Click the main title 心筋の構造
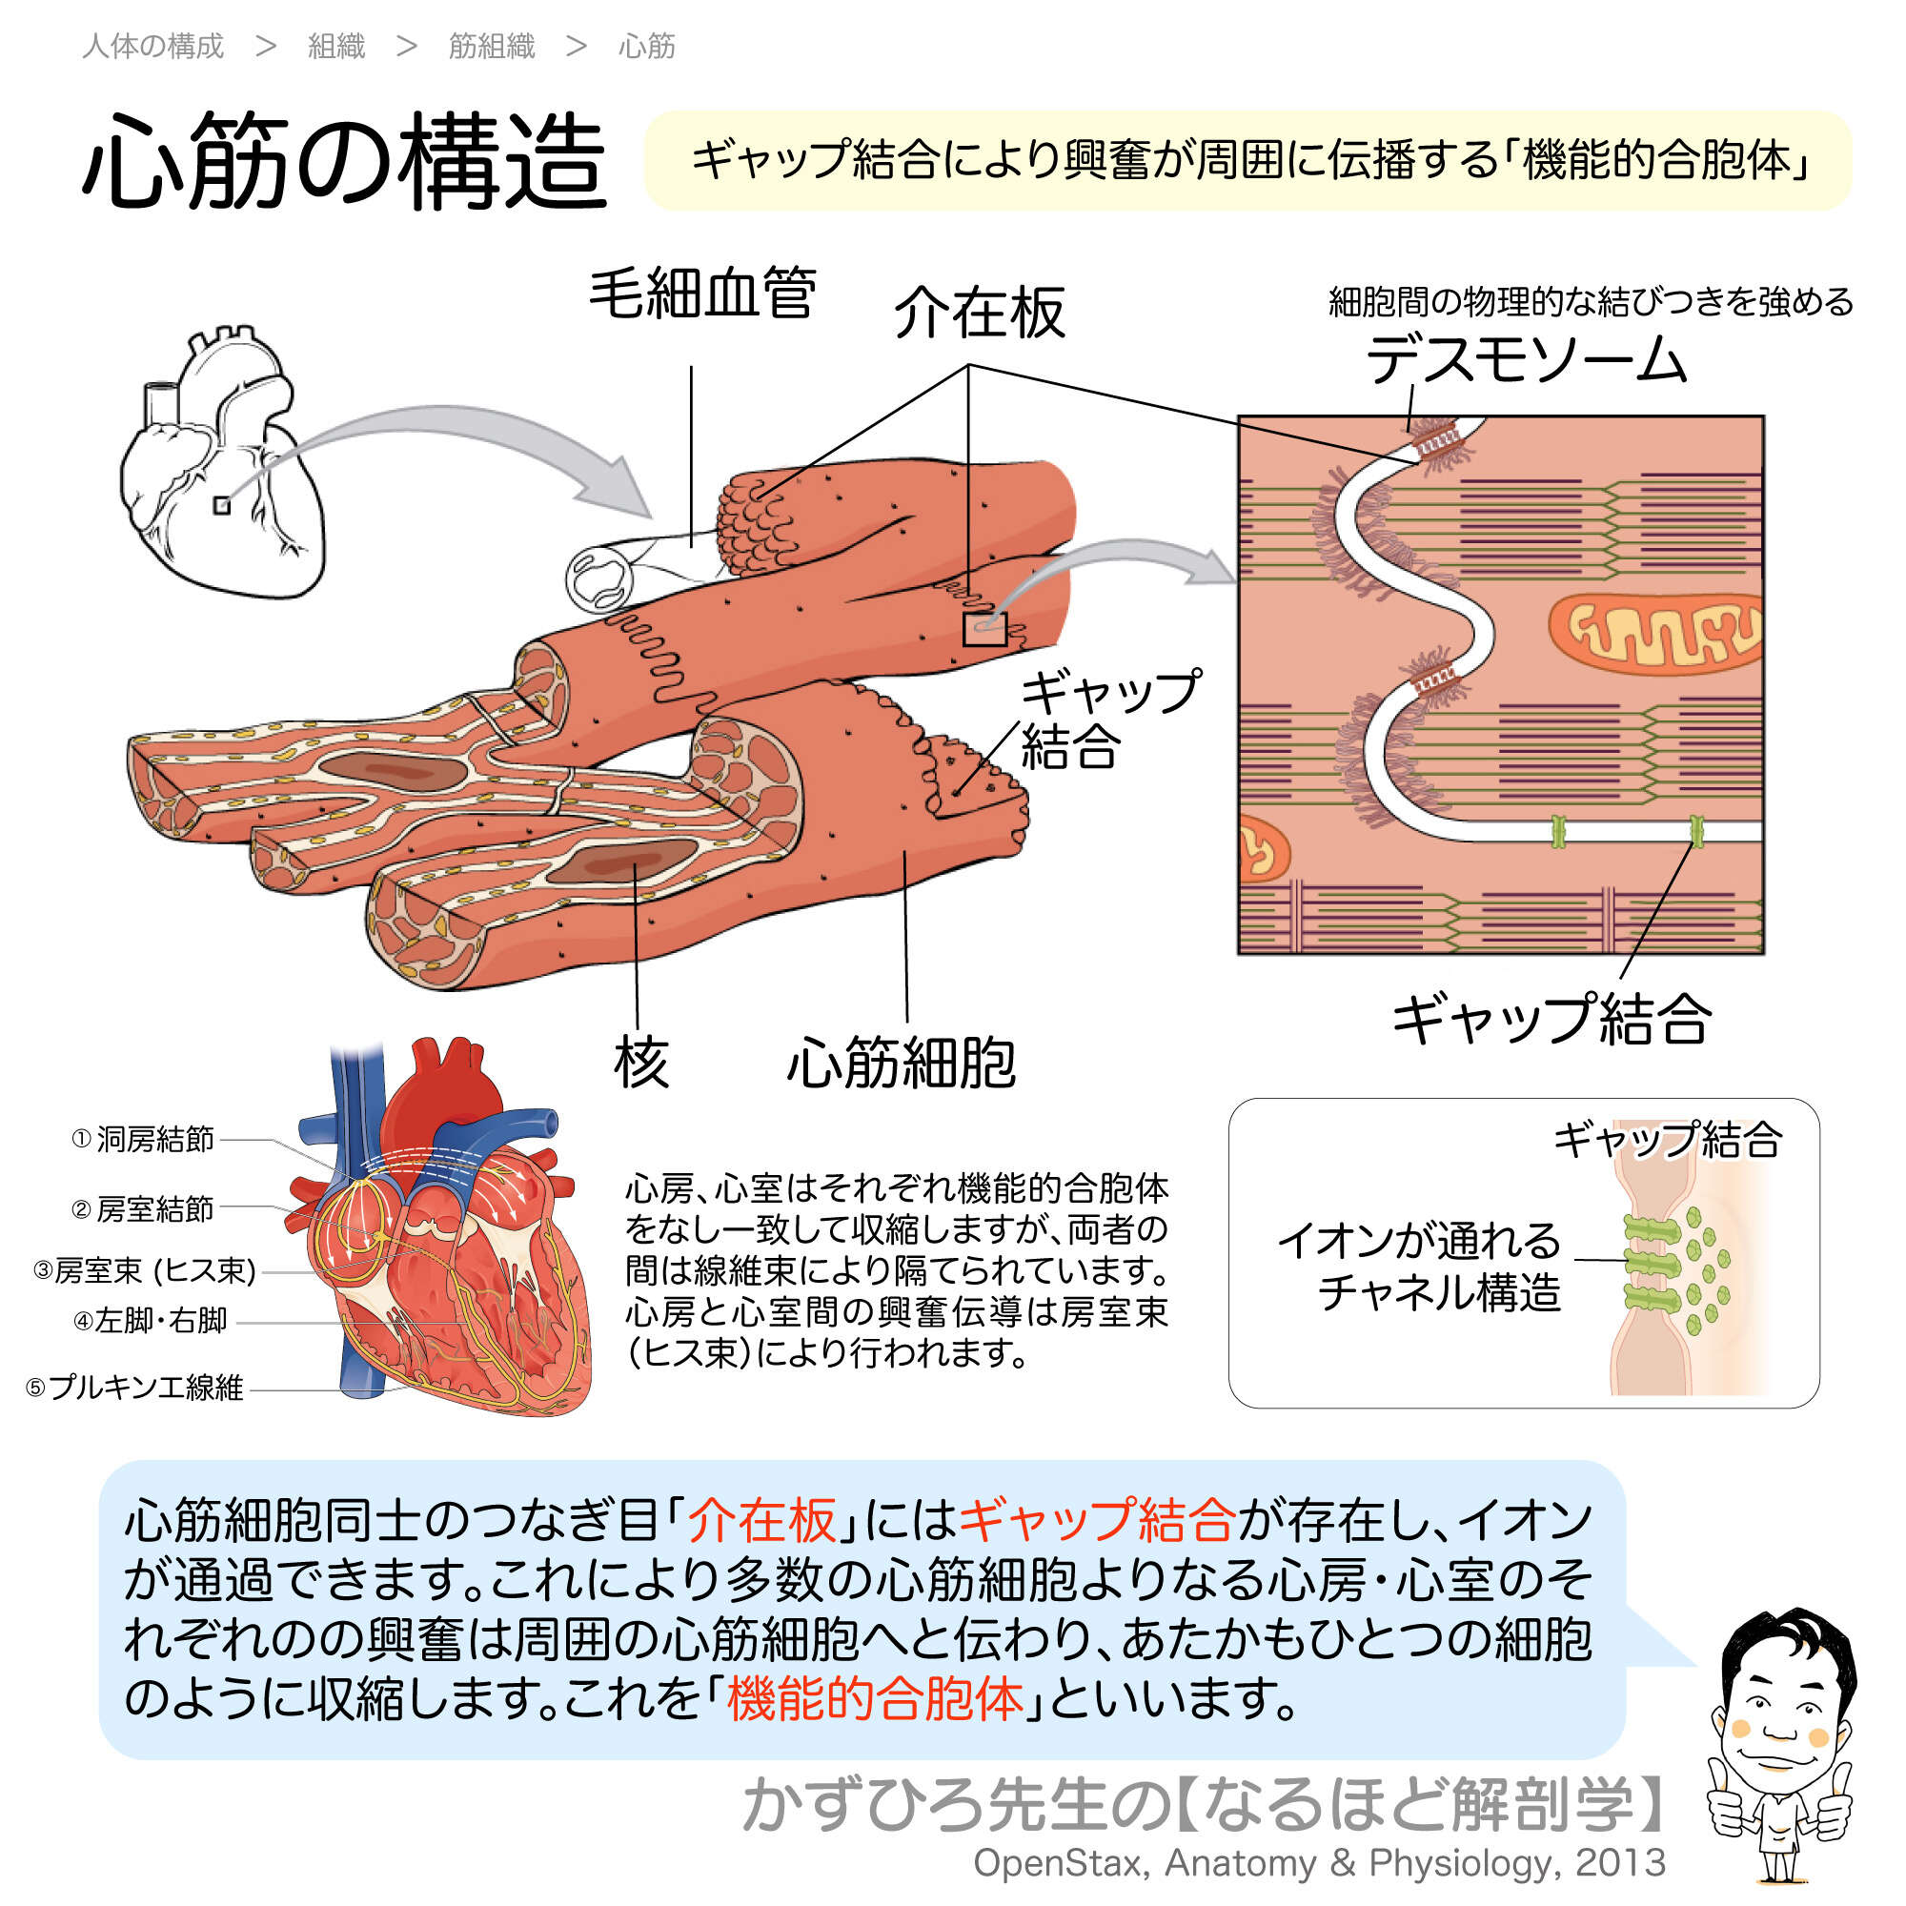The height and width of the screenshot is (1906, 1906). pyautogui.click(x=344, y=161)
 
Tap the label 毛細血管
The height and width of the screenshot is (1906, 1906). pyautogui.click(x=701, y=294)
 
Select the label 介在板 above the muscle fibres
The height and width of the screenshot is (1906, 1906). pyautogui.click(x=979, y=313)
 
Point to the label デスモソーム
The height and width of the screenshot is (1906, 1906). pyautogui.click(x=1525, y=359)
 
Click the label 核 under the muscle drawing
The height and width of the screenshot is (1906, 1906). pyautogui.click(x=640, y=1064)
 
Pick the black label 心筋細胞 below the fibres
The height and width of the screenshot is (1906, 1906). pyautogui.click(x=900, y=1064)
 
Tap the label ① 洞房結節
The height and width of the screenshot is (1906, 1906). pyautogui.click(x=143, y=1140)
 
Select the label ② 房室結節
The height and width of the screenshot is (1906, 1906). pyautogui.click(x=143, y=1208)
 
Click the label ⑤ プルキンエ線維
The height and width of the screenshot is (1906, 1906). pyautogui.click(x=134, y=1389)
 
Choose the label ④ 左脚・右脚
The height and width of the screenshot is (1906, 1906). pyautogui.click(x=151, y=1320)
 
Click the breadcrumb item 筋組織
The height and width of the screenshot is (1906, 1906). pyautogui.click(x=492, y=47)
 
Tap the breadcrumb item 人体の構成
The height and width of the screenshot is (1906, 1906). pyautogui.click(x=152, y=47)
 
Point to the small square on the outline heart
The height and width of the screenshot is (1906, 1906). pyautogui.click(x=222, y=505)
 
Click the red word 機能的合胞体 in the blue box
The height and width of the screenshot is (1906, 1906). pyautogui.click(x=874, y=1700)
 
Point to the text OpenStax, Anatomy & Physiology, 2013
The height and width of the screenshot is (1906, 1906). pyautogui.click(x=1319, y=1862)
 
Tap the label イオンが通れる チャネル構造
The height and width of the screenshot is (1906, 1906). pyautogui.click(x=1420, y=1267)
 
